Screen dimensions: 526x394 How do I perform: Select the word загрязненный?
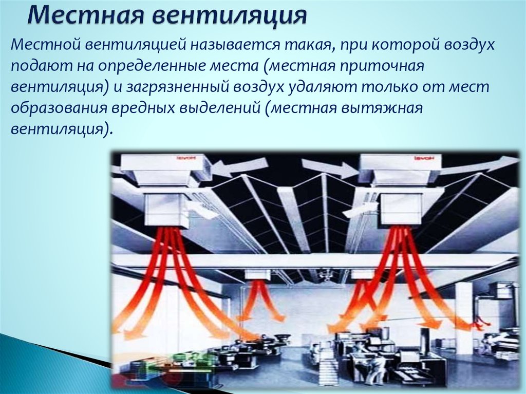[x=177, y=87]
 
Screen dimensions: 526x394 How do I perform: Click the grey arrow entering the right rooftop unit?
[x=330, y=167]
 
